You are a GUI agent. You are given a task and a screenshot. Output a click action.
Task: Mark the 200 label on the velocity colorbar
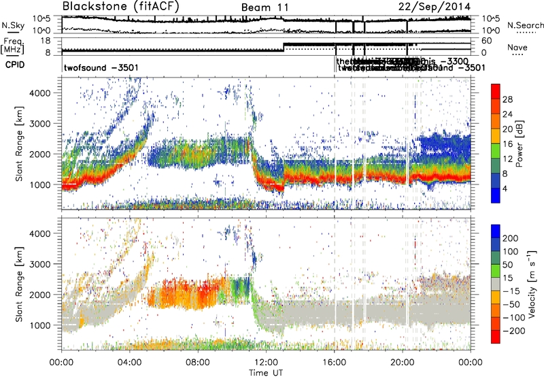(x=510, y=240)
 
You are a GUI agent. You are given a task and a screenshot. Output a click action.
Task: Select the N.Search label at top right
(x=522, y=25)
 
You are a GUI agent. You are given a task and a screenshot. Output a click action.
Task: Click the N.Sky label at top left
(x=10, y=25)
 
